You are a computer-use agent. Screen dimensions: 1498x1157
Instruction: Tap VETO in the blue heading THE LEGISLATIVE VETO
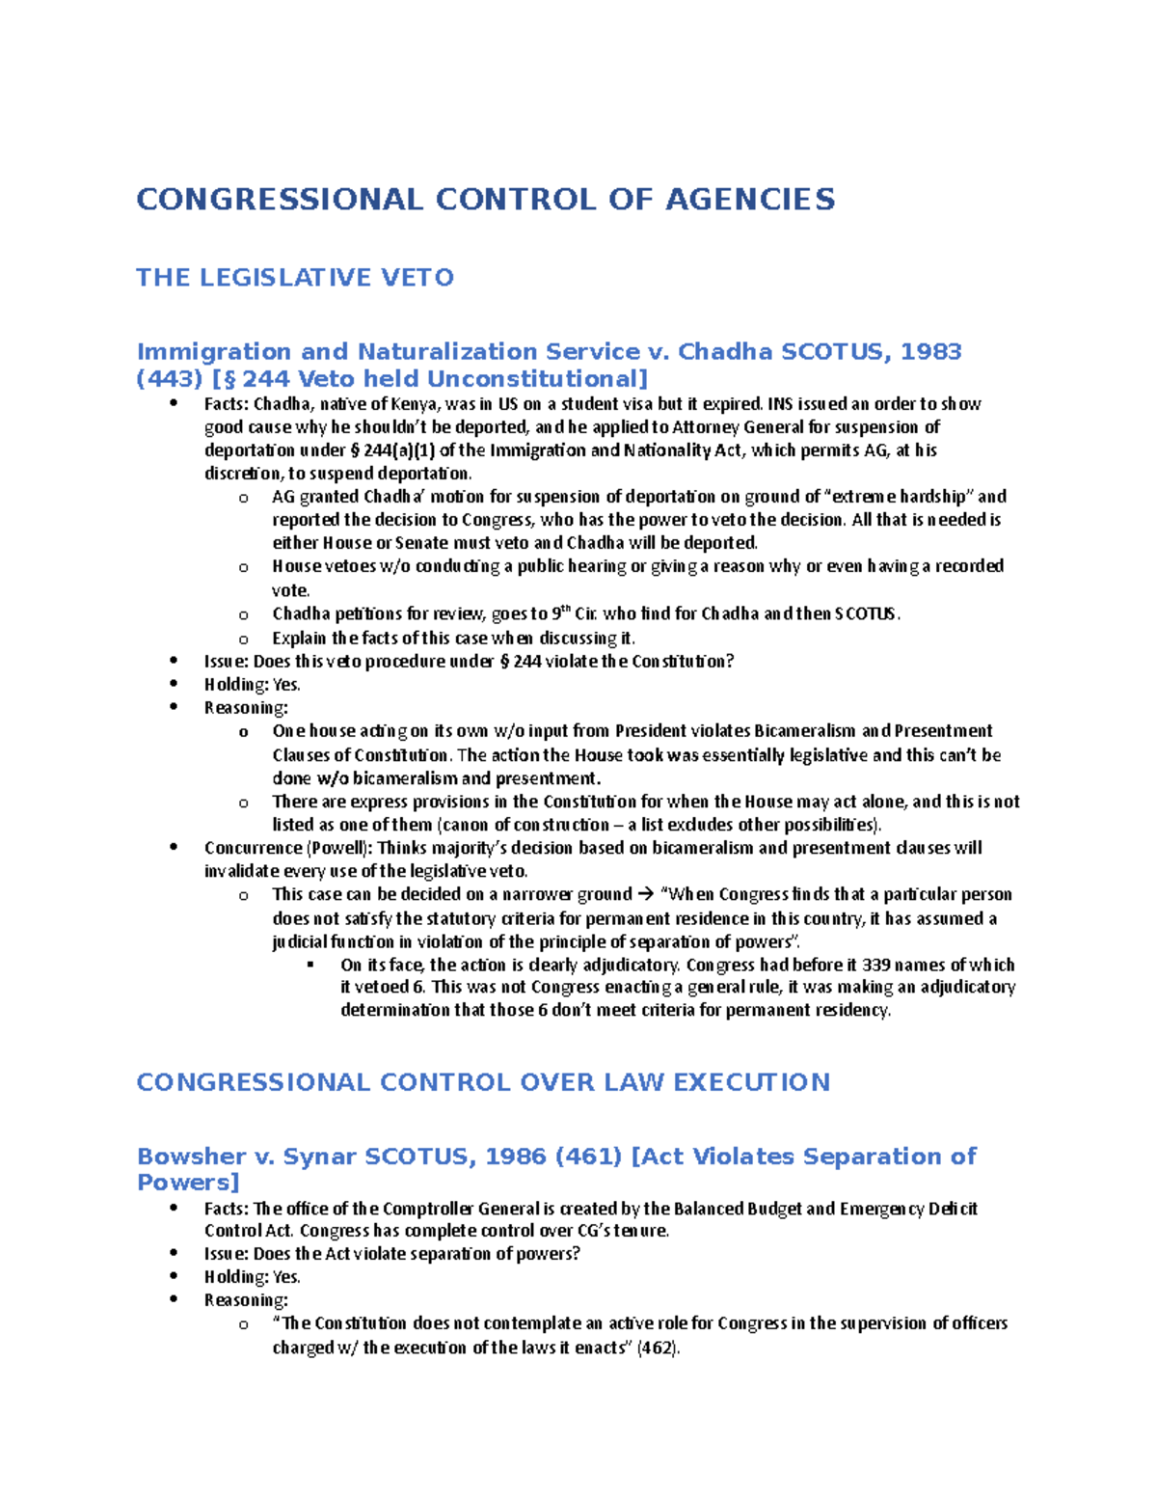point(417,278)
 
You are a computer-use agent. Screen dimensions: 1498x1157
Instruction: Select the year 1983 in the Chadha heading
point(930,352)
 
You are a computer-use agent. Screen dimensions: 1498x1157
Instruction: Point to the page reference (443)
point(170,378)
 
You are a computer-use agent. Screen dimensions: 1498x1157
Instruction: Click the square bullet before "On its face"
point(310,965)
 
